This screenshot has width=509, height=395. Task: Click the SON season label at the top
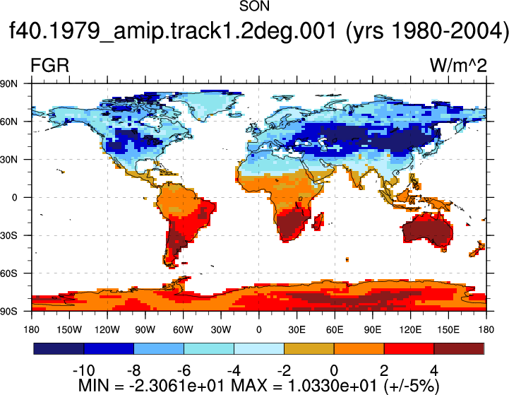click(254, 6)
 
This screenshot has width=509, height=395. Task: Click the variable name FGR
click(49, 65)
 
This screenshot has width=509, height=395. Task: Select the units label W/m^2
click(458, 65)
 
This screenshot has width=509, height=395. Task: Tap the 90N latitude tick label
click(8, 84)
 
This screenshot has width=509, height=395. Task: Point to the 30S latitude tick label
click(8, 235)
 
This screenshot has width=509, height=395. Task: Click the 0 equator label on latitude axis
click(14, 198)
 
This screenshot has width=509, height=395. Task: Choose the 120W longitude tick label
click(107, 330)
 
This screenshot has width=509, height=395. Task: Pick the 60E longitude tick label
click(335, 330)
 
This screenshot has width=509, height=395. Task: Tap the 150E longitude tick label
click(448, 330)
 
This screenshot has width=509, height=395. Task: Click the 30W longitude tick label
click(221, 330)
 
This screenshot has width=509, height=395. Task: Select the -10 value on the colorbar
click(84, 371)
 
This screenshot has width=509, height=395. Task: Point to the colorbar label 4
click(434, 371)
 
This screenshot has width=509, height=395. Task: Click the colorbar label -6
click(184, 371)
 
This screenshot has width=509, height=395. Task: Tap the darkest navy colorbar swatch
click(59, 348)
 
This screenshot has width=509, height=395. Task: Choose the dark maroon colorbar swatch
click(459, 348)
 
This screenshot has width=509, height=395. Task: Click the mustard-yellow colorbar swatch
click(309, 348)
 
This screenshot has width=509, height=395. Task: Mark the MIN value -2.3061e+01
click(177, 386)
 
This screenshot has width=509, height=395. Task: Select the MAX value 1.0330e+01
click(332, 386)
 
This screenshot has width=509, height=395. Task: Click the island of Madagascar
click(318, 221)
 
